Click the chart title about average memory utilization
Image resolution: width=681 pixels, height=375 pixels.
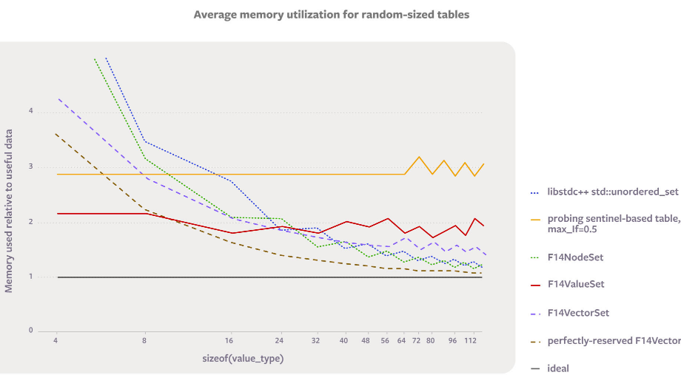pyautogui.click(x=331, y=14)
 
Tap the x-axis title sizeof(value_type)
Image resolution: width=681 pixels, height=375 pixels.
pyautogui.click(x=243, y=358)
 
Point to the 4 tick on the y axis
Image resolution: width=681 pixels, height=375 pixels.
pyautogui.click(x=31, y=112)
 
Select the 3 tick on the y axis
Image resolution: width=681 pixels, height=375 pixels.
pyautogui.click(x=31, y=167)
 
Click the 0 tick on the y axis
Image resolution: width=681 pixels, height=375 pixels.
pyautogui.click(x=31, y=331)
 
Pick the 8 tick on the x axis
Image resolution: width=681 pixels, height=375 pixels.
pyautogui.click(x=144, y=341)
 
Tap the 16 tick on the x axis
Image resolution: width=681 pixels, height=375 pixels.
pyautogui.click(x=229, y=341)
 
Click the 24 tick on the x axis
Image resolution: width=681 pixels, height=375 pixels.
pyautogui.click(x=279, y=341)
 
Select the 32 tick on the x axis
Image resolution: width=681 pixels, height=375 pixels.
pyautogui.click(x=315, y=341)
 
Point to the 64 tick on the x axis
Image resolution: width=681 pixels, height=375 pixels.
pyautogui.click(x=401, y=341)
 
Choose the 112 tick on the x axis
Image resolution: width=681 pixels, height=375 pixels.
pyautogui.click(x=469, y=341)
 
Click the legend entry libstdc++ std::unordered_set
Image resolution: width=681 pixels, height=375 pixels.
pyautogui.click(x=612, y=192)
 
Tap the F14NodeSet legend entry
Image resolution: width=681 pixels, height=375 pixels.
pyautogui.click(x=577, y=257)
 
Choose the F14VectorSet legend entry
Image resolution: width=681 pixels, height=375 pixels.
pyautogui.click(x=578, y=313)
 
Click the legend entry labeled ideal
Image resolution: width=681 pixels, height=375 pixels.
pyautogui.click(x=558, y=368)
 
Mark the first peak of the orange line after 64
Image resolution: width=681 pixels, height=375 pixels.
pyautogui.click(x=419, y=157)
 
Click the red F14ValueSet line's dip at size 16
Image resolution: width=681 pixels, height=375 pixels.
pyautogui.click(x=231, y=233)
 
